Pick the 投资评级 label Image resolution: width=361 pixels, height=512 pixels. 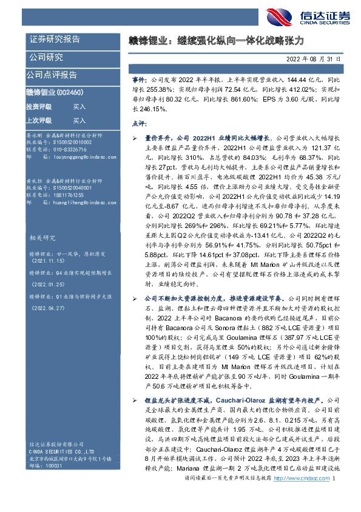(39, 106)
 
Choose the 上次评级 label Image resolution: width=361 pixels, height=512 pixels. (39, 120)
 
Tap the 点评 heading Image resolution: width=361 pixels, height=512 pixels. (138, 123)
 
